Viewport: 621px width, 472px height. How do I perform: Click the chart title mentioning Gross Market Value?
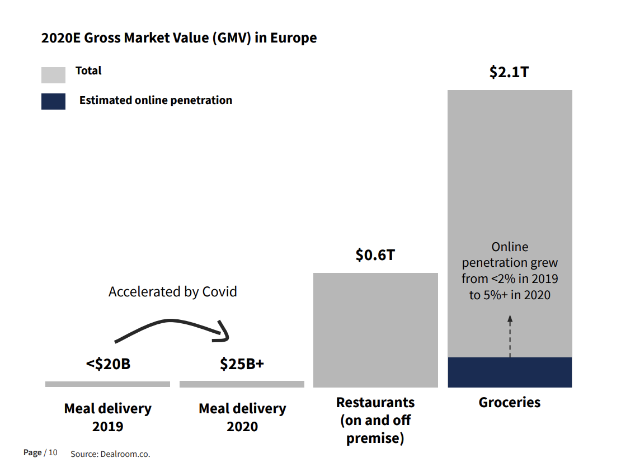tap(179, 38)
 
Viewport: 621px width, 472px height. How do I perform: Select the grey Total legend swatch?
tap(53, 75)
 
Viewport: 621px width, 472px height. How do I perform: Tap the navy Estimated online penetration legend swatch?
tap(53, 101)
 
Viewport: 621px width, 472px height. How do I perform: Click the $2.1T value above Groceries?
tap(509, 72)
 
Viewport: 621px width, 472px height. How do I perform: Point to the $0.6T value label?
tap(375, 255)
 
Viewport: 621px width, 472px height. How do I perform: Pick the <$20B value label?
tap(108, 364)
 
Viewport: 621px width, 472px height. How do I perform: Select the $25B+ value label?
tap(242, 364)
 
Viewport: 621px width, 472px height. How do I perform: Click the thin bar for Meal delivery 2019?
tap(107, 384)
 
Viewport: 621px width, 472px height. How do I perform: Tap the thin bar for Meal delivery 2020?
tap(242, 384)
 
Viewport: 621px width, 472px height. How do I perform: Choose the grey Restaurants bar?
tap(375, 330)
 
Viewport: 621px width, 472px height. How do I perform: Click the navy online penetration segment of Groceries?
tap(510, 372)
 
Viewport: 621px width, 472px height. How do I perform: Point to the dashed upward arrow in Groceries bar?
tap(510, 336)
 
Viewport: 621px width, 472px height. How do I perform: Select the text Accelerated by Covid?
tap(172, 291)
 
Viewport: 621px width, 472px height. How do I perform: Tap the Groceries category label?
tap(509, 402)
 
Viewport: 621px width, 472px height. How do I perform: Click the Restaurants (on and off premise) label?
tap(375, 420)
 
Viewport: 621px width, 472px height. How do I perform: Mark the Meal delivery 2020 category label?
tap(242, 417)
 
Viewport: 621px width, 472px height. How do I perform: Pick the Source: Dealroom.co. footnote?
tap(110, 454)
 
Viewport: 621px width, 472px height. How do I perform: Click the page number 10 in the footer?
tap(53, 452)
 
